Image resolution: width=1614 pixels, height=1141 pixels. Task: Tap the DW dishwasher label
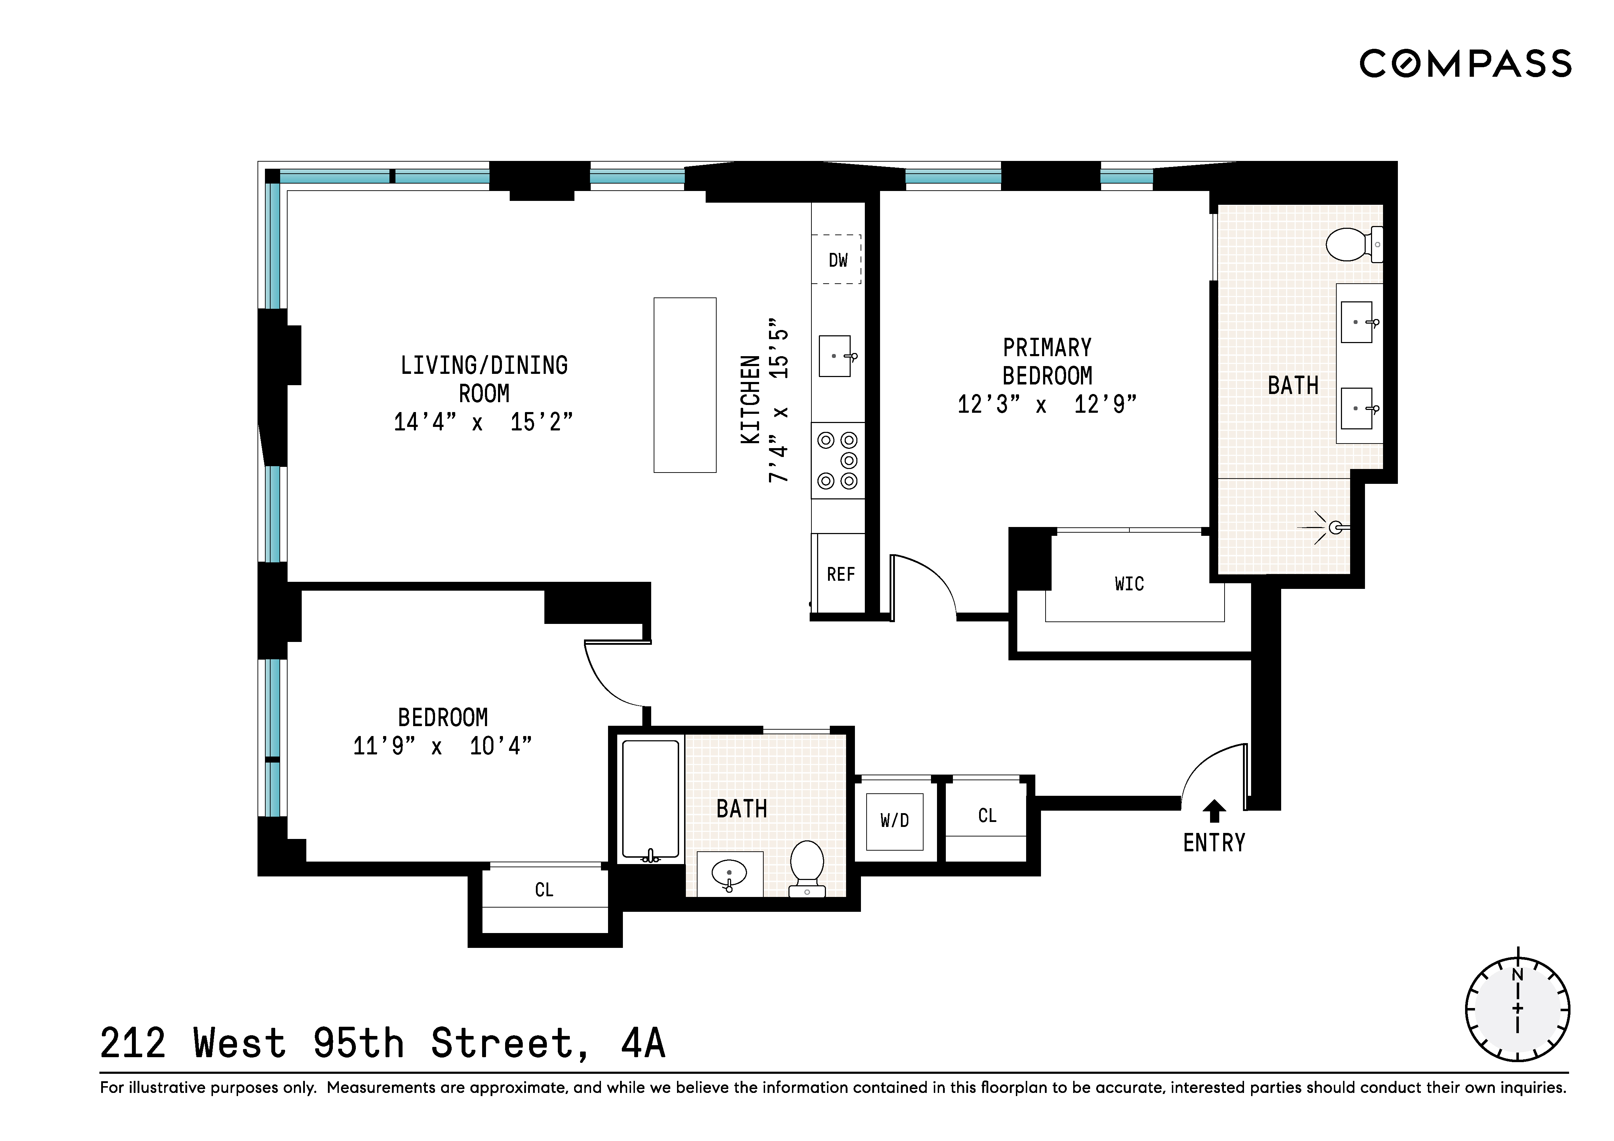838,260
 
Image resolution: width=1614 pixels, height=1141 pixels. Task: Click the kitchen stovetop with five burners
838,461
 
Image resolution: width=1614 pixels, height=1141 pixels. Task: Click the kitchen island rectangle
685,385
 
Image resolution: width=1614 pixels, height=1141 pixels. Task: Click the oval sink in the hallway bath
729,874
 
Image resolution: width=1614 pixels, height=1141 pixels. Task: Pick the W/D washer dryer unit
894,821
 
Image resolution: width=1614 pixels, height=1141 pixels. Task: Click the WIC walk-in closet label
1129,584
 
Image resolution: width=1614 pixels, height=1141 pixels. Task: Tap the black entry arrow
1214,811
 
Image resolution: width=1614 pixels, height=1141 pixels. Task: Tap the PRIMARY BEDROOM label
1047,361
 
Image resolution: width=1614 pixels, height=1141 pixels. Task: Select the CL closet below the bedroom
544,890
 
